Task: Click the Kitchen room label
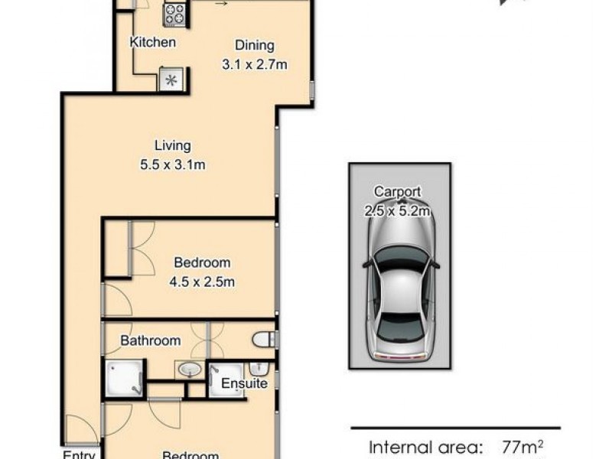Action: [153, 42]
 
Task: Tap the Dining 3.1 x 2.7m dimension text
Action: [254, 65]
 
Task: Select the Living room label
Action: [172, 145]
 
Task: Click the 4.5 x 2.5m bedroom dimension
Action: [201, 282]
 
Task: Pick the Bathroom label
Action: [151, 340]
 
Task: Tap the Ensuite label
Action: [244, 383]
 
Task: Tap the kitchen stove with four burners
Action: [174, 12]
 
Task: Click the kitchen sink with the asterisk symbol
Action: [170, 80]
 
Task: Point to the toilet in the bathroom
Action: [264, 339]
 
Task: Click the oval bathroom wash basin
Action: [188, 371]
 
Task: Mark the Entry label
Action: [79, 455]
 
